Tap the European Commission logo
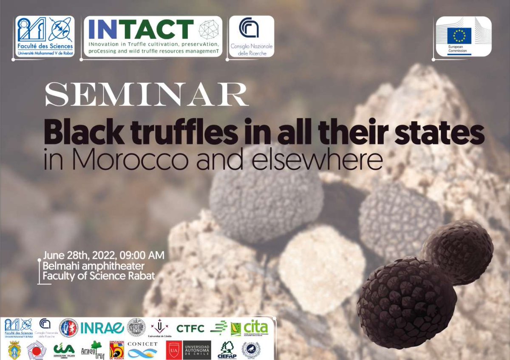pyautogui.click(x=463, y=37)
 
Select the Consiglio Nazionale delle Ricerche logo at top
pyautogui.click(x=251, y=37)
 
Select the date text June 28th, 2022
pyautogui.click(x=81, y=256)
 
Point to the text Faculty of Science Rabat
pyautogui.click(x=99, y=275)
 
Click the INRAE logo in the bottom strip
pyautogui.click(x=102, y=328)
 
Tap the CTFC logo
pyautogui.click(x=190, y=328)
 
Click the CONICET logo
pyautogui.click(x=142, y=350)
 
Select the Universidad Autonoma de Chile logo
pyautogui.click(x=197, y=350)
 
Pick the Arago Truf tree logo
pyautogui.click(x=91, y=350)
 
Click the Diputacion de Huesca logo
pyautogui.click(x=117, y=350)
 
